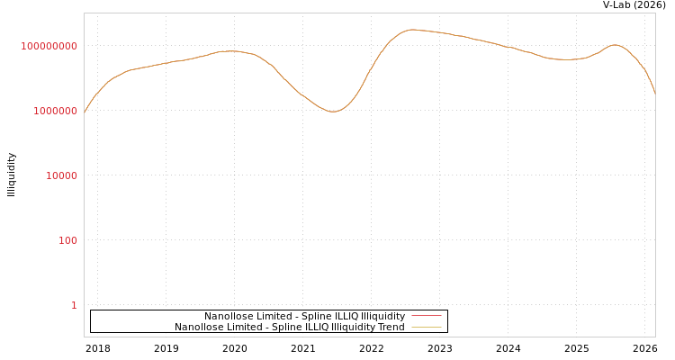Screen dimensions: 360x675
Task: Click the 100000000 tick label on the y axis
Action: (49, 46)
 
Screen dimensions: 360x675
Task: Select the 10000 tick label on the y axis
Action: (61, 175)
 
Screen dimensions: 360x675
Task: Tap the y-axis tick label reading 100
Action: (67, 240)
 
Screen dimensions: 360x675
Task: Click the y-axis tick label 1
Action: (74, 305)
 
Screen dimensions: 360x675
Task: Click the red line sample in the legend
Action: (427, 316)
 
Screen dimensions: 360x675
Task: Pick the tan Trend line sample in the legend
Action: (427, 327)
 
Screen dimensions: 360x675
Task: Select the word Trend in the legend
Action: (391, 327)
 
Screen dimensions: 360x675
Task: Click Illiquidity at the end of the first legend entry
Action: (382, 316)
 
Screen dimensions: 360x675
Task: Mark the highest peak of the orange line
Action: (413, 30)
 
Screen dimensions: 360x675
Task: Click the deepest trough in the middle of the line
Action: (333, 112)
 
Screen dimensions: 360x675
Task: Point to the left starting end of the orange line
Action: (85, 112)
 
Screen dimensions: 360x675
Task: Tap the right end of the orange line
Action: (655, 94)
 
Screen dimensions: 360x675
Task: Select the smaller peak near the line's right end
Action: (615, 44)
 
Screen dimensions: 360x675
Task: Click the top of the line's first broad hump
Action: (230, 51)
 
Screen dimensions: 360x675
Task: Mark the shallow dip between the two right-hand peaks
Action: (567, 59)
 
